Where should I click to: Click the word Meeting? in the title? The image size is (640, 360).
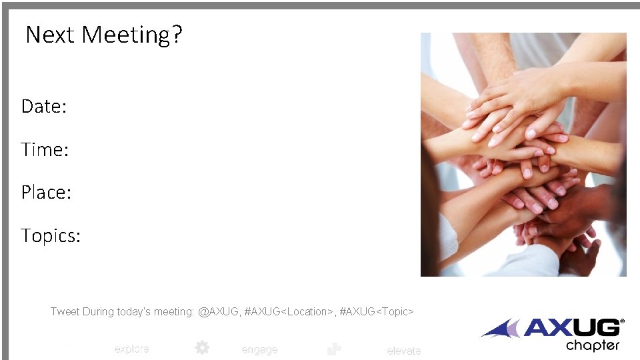131,34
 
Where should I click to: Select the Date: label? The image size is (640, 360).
44,106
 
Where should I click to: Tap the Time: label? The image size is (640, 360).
45,149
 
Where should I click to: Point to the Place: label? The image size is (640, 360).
46,192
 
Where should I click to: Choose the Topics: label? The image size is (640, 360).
51,235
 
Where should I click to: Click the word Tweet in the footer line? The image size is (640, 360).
64,311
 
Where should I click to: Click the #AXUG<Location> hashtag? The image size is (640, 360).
289,311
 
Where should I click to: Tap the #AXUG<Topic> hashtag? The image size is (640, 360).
377,311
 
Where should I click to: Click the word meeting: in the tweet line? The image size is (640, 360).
174,311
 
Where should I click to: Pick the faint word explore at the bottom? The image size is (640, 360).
131,349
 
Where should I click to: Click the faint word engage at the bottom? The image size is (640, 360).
259,349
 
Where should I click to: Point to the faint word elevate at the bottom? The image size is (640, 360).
403,351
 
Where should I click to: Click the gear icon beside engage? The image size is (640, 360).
202,347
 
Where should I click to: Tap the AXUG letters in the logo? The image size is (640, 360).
571,328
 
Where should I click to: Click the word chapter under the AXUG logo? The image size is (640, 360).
592,345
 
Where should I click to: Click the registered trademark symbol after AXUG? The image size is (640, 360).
622,321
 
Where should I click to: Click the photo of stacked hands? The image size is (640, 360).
523,155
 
